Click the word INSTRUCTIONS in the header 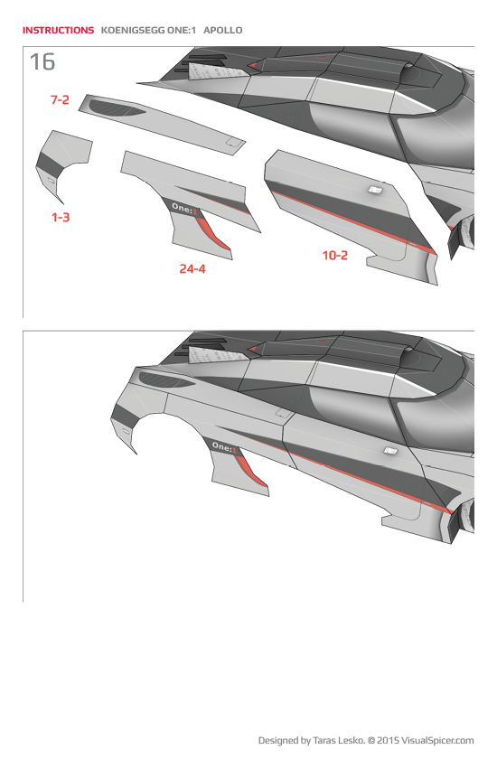58,30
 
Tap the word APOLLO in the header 223,30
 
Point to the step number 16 42,62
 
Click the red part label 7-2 59,100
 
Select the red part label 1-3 60,218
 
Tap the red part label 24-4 192,268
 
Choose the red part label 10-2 334,256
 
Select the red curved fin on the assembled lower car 251,470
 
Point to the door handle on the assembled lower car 390,450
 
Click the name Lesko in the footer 346,741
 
